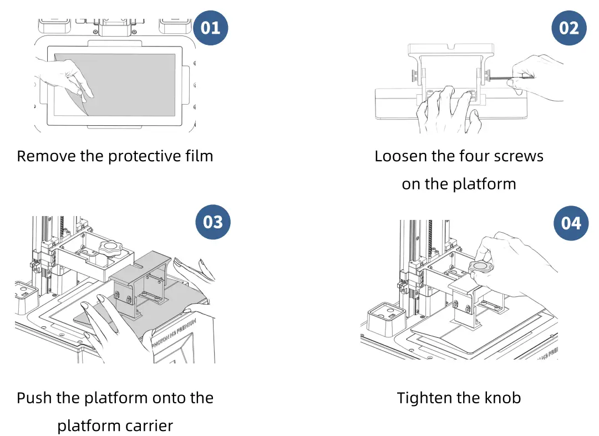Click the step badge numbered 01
[210, 28]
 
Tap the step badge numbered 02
[569, 28]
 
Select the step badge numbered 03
[213, 222]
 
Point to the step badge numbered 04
[571, 223]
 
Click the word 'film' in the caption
[199, 156]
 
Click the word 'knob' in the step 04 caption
[503, 398]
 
